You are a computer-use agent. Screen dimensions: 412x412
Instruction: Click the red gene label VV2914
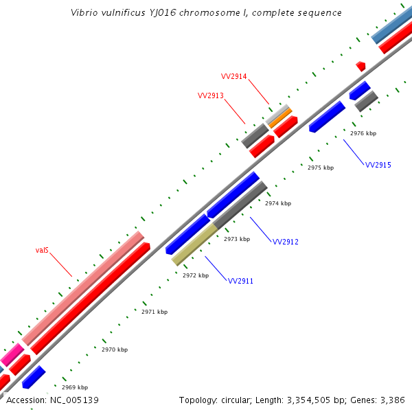tap(233, 76)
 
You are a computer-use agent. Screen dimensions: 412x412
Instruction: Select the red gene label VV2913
tap(211, 95)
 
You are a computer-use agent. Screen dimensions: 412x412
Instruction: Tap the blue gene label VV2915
tap(378, 165)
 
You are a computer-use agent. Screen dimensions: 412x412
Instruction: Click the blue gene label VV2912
tap(286, 242)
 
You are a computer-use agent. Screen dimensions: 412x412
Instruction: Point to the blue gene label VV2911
tap(241, 282)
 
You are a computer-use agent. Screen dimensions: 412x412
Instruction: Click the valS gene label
tap(42, 251)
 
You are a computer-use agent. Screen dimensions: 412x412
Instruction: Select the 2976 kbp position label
tap(363, 133)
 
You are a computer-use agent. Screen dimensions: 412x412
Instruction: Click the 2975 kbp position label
tap(321, 168)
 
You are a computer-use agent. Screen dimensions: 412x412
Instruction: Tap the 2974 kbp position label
tap(278, 203)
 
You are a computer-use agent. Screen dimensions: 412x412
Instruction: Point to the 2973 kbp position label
tap(237, 239)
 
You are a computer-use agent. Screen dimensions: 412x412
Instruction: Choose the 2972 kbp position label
tap(196, 275)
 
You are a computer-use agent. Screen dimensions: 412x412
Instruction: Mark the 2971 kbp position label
tap(154, 312)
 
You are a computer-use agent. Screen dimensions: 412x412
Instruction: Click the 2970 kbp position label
tap(115, 350)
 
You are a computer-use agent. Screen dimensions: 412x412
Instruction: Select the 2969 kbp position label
tap(75, 387)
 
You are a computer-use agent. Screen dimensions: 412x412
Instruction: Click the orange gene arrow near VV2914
tap(280, 117)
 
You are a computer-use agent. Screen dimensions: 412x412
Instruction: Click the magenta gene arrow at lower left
tap(12, 355)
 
